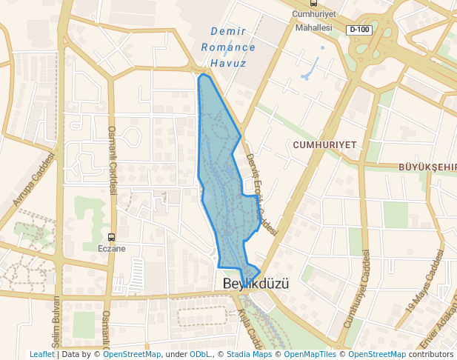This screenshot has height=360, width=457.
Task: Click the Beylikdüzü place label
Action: click(x=255, y=284)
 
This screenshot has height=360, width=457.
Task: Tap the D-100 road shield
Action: click(x=359, y=30)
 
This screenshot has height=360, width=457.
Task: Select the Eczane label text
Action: click(x=113, y=249)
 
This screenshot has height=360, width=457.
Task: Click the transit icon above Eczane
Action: click(x=112, y=238)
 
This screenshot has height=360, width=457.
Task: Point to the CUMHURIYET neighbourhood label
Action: click(x=324, y=144)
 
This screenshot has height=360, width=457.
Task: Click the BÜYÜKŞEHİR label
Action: click(x=427, y=167)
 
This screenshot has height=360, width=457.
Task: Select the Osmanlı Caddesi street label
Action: click(x=113, y=159)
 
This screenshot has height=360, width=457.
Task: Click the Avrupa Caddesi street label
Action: click(x=34, y=179)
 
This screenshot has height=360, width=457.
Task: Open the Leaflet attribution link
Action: click(x=42, y=355)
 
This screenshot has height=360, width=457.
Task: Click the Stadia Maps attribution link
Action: click(x=249, y=355)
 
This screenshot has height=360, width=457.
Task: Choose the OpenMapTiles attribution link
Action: click(x=312, y=355)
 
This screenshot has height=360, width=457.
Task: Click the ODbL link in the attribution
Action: click(x=200, y=355)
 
